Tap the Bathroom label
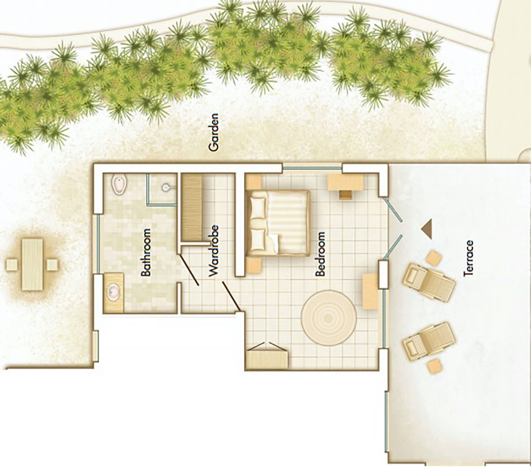(x=146, y=252)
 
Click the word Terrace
(x=469, y=258)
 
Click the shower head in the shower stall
(x=167, y=187)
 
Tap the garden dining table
(x=33, y=264)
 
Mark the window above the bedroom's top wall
(x=312, y=166)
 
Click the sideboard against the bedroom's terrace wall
(x=370, y=291)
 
